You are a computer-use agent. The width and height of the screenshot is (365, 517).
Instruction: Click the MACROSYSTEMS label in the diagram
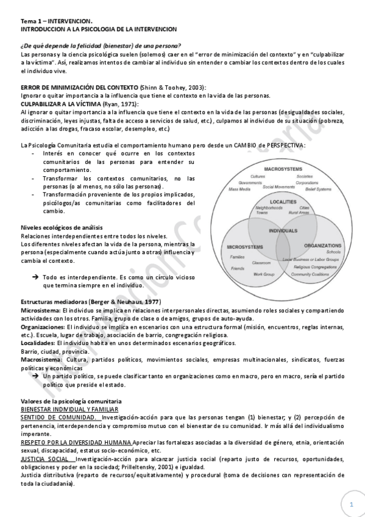pos(284,169)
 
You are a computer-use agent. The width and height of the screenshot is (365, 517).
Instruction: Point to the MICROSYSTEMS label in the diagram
pos(245,247)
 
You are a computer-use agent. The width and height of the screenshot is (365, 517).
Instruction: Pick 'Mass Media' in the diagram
pos(240,189)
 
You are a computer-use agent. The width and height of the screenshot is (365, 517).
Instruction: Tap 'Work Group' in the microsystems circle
pos(263,274)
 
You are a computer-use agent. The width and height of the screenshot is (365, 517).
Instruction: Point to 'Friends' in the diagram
pos(238,268)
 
